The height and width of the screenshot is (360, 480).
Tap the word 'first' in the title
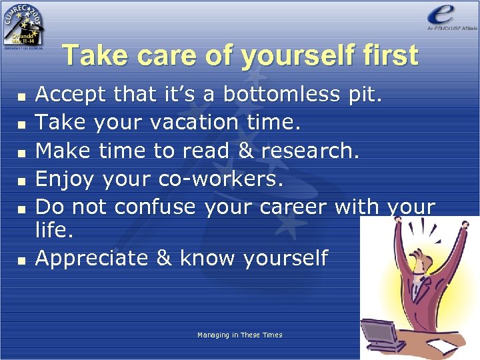pyautogui.click(x=388, y=55)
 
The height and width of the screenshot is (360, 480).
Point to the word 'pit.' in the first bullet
pyautogui.click(x=365, y=95)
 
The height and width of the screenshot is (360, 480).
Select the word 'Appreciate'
pyautogui.click(x=92, y=258)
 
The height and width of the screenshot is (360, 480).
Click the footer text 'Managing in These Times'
pyautogui.click(x=239, y=335)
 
